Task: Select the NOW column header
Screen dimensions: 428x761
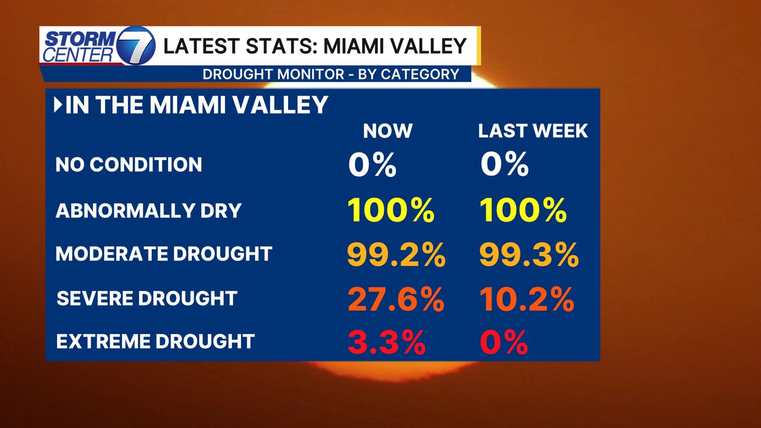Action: (387, 131)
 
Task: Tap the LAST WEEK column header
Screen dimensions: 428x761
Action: (533, 131)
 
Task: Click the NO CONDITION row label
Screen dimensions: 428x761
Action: (128, 164)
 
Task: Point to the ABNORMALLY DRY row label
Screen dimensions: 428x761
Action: (149, 210)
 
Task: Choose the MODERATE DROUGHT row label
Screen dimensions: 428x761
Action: (164, 254)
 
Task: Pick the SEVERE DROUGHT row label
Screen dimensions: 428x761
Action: (147, 298)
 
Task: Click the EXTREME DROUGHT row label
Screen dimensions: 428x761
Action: (155, 341)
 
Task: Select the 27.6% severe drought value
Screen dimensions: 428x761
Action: (396, 300)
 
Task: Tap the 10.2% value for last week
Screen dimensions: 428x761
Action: (527, 300)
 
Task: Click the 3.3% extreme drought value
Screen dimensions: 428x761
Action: (386, 343)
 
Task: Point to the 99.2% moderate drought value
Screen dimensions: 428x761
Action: (396, 256)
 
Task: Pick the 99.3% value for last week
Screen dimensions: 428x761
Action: (529, 256)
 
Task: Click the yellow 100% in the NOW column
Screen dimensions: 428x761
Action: (391, 211)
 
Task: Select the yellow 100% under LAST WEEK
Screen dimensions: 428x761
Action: (523, 211)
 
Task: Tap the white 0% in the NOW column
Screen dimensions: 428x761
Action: (372, 165)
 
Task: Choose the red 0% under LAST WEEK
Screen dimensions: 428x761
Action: (504, 343)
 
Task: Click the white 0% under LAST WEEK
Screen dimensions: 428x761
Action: (504, 165)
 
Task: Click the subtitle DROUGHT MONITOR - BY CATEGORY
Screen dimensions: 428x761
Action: (331, 74)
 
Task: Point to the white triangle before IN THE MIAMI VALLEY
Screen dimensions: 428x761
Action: (58, 105)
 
